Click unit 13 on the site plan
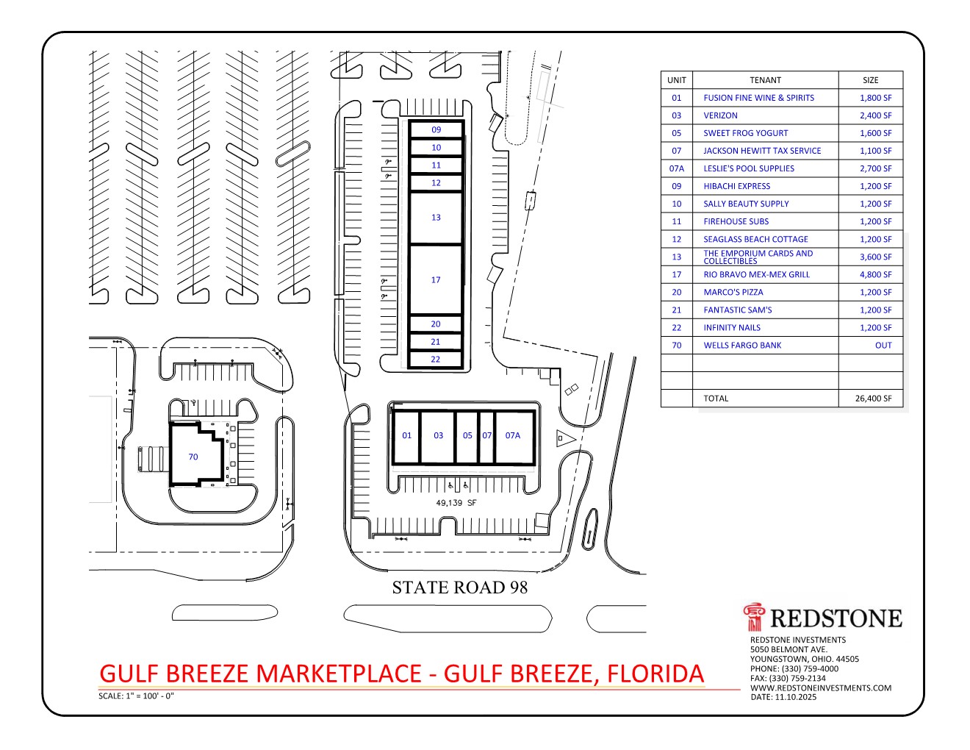436,218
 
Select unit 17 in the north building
436,280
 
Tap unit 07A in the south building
514,438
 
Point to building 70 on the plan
196,454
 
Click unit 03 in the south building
438,438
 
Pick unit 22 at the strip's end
436,360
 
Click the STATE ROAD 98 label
460,587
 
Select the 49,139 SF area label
456,503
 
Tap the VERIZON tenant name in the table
720,115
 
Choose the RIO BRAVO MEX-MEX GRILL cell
757,275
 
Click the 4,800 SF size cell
875,275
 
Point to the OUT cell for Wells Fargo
883,346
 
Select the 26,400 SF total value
873,399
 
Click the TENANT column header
765,80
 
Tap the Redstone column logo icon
754,617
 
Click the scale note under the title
136,696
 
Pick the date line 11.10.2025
783,697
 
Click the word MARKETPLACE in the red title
339,674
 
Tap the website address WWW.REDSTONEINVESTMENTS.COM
821,688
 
